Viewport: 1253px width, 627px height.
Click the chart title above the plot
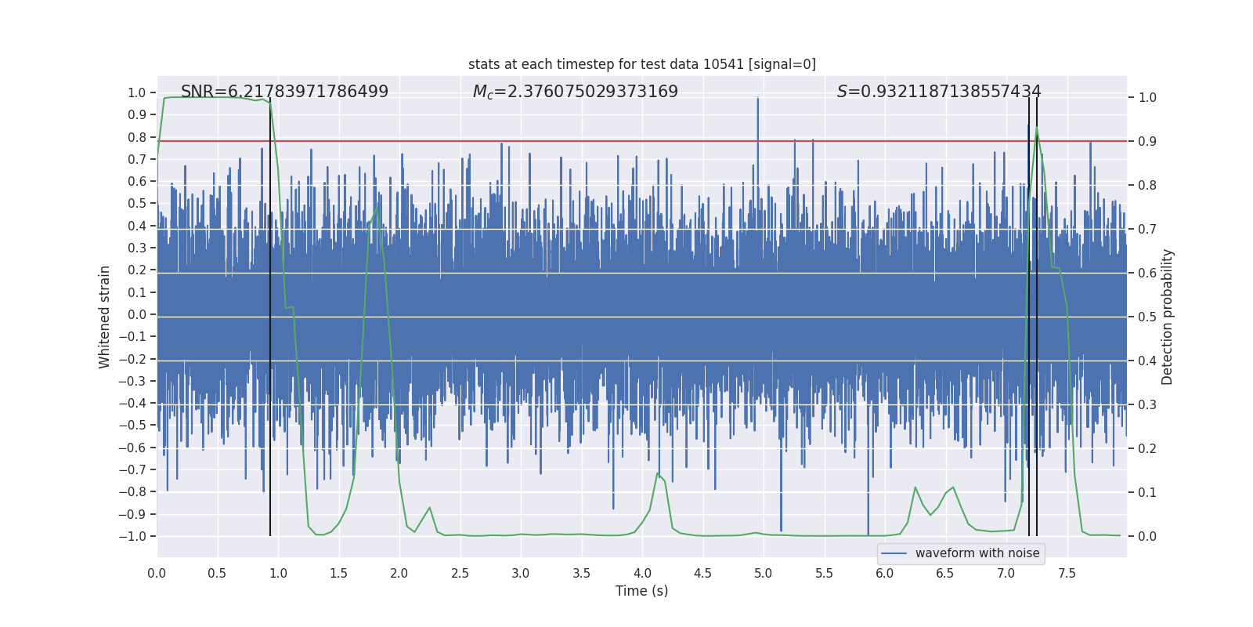pos(641,64)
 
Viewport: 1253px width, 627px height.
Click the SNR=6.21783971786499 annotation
pos(284,92)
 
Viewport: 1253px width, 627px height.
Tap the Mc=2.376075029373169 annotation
pos(575,92)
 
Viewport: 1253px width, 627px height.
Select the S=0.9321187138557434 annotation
pos(938,92)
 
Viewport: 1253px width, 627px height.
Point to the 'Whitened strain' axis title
pos(104,317)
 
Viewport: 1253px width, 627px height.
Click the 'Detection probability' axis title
pos(1167,317)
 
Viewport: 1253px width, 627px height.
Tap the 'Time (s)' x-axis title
pos(641,591)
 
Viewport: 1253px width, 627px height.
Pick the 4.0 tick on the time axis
pos(642,573)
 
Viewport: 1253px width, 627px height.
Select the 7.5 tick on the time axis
pos(1067,573)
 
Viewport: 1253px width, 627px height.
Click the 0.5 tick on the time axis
pos(217,573)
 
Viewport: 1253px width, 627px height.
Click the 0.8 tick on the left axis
pos(137,137)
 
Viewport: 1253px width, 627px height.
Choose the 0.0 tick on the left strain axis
pos(137,314)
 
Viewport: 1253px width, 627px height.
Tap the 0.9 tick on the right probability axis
pos(1147,142)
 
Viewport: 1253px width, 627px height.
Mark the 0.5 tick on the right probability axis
pos(1147,317)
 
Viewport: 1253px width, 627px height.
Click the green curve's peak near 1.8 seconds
pos(377,208)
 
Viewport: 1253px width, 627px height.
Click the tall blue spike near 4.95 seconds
pos(757,99)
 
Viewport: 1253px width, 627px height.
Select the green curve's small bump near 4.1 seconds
pos(658,473)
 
